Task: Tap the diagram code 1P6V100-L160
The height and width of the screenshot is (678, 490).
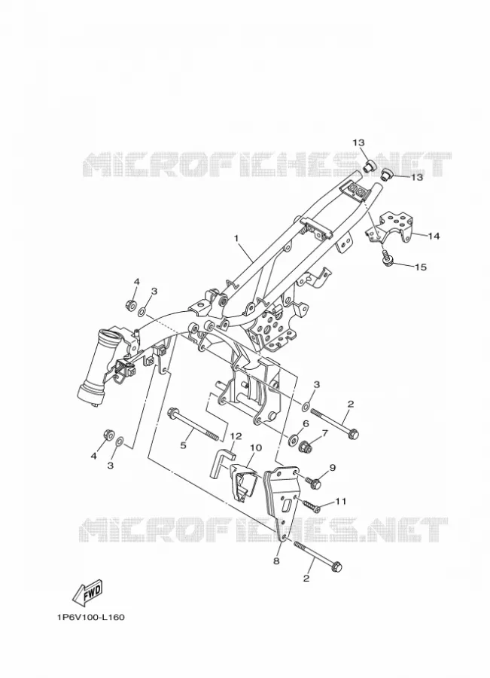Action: point(90,617)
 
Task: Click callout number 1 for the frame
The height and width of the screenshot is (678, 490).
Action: point(236,238)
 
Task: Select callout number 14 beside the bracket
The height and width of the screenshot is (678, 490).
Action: point(434,236)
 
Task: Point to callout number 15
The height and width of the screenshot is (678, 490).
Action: point(421,267)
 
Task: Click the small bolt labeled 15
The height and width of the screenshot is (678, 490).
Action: point(387,258)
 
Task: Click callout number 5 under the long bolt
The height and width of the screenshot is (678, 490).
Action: point(183,445)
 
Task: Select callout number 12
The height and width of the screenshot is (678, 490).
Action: point(236,436)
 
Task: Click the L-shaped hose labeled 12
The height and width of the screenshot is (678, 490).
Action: point(222,462)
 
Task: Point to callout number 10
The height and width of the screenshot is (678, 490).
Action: point(256,447)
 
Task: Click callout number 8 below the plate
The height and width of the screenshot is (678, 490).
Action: point(276,560)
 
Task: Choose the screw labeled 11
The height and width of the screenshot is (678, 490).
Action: point(311,506)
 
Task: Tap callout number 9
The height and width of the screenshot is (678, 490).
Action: point(332,467)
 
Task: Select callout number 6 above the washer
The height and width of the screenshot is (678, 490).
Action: point(306,423)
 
